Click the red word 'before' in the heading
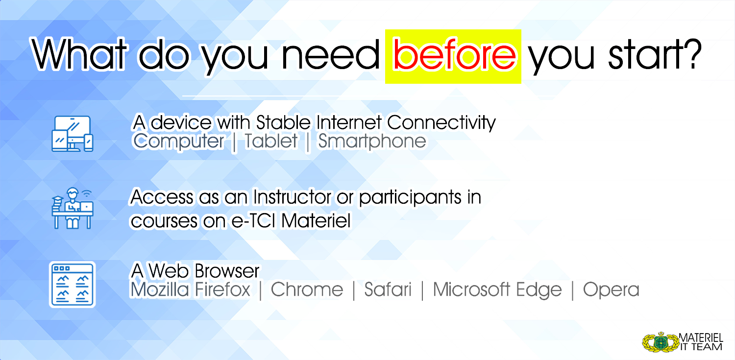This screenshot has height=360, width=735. click(x=454, y=54)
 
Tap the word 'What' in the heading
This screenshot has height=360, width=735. click(x=79, y=54)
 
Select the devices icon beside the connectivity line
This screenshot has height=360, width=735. click(x=72, y=133)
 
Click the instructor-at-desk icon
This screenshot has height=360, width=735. click(x=72, y=208)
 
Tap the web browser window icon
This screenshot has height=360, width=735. click(x=72, y=285)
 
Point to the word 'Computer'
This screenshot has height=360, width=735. click(x=178, y=142)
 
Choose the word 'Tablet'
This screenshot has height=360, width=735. click(x=271, y=141)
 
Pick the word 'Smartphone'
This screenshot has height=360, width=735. click(x=372, y=142)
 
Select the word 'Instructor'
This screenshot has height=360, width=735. click(x=292, y=197)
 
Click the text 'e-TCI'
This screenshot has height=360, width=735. click(x=253, y=221)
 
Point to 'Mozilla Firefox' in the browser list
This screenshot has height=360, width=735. click(x=190, y=289)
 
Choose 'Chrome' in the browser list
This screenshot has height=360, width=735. click(x=307, y=289)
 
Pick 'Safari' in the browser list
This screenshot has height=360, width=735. click(x=388, y=289)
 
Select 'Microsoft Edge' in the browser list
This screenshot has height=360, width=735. click(x=497, y=290)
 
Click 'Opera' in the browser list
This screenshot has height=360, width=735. click(x=611, y=290)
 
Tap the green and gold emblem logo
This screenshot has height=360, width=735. click(x=661, y=342)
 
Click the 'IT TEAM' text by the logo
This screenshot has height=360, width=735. click(x=701, y=347)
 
